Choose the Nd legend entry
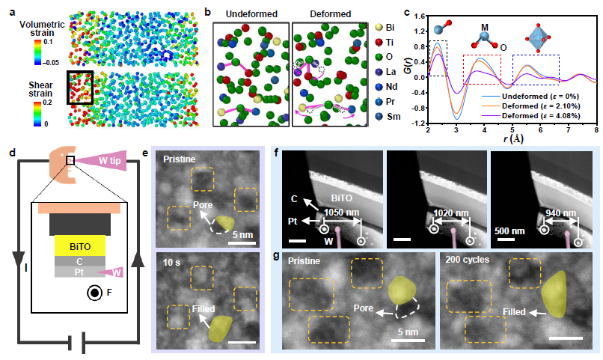coord(388,81)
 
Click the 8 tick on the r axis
coord(596,130)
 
